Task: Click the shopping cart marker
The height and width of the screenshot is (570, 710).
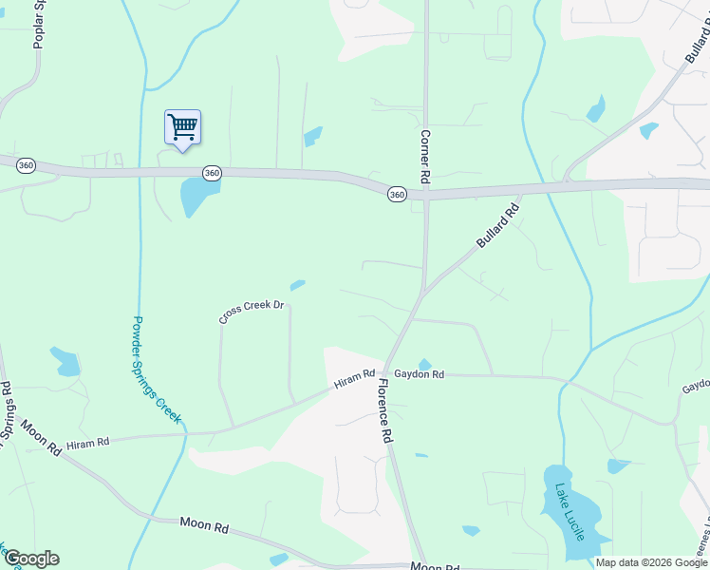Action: pos(182,127)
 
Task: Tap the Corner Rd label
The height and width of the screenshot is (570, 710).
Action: pos(425,158)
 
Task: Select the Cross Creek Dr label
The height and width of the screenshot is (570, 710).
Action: pos(252,313)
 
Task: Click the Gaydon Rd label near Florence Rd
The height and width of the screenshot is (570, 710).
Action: pos(420,375)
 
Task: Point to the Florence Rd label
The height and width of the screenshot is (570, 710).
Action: pos(384,411)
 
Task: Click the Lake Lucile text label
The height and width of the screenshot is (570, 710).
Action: pos(571,514)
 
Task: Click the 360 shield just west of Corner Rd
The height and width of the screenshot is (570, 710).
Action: pos(397,194)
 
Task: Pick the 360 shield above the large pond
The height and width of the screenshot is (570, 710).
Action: pos(212,173)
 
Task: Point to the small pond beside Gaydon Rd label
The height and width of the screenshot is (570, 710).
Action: pos(424,364)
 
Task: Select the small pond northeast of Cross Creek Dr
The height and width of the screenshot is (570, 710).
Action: pos(297,284)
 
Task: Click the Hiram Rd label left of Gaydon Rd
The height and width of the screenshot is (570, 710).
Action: pos(354,381)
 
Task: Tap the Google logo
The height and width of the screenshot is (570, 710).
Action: pos(31,559)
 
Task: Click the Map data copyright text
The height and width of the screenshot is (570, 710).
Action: pos(651,562)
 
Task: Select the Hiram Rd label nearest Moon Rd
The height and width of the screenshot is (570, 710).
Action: pos(88,444)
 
